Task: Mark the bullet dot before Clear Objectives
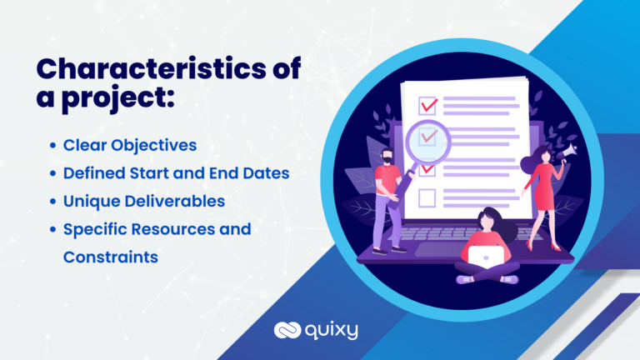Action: (54, 146)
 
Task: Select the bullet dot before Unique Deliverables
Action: (54, 202)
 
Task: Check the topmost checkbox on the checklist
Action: (428, 106)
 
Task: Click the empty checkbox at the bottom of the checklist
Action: (427, 197)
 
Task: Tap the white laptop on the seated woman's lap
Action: (486, 254)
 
